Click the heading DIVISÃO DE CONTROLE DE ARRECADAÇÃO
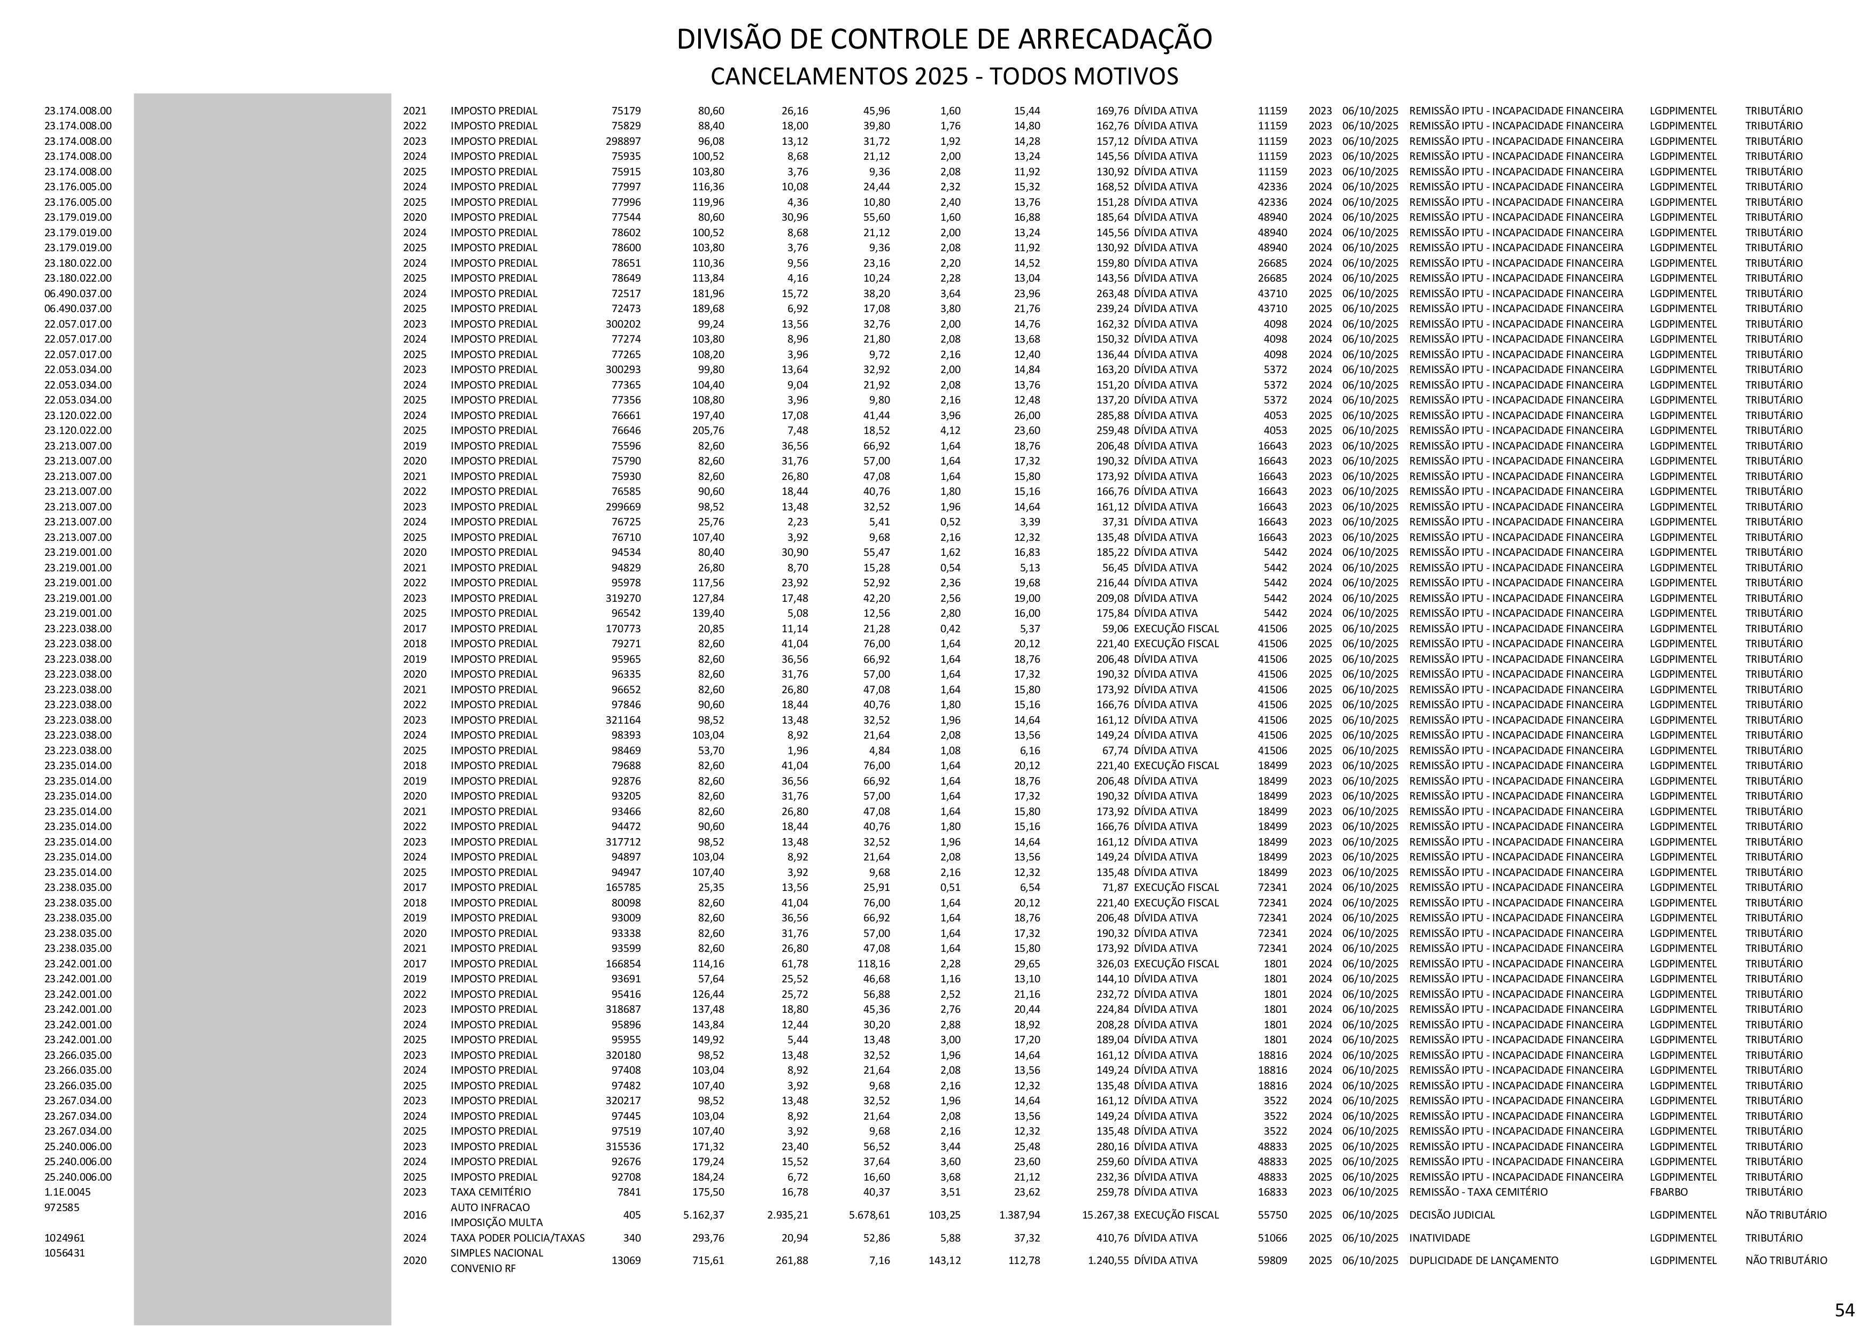pos(944,39)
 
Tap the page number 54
pos(1844,1309)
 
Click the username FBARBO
pos(1669,1192)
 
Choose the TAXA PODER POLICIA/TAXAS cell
pos(517,1238)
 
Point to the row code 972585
pos(62,1207)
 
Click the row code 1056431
pos(65,1252)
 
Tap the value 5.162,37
pos(704,1215)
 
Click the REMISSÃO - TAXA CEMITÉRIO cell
pos(1478,1192)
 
